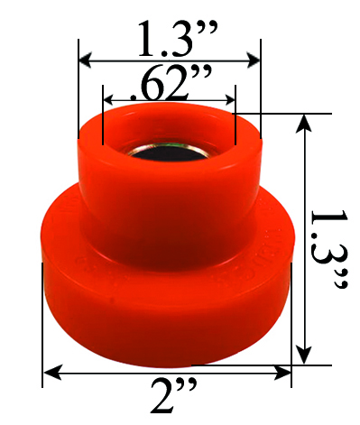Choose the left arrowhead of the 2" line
(49, 371)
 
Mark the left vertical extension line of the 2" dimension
(42, 325)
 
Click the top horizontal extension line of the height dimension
(289, 114)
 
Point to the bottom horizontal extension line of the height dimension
(311, 365)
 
